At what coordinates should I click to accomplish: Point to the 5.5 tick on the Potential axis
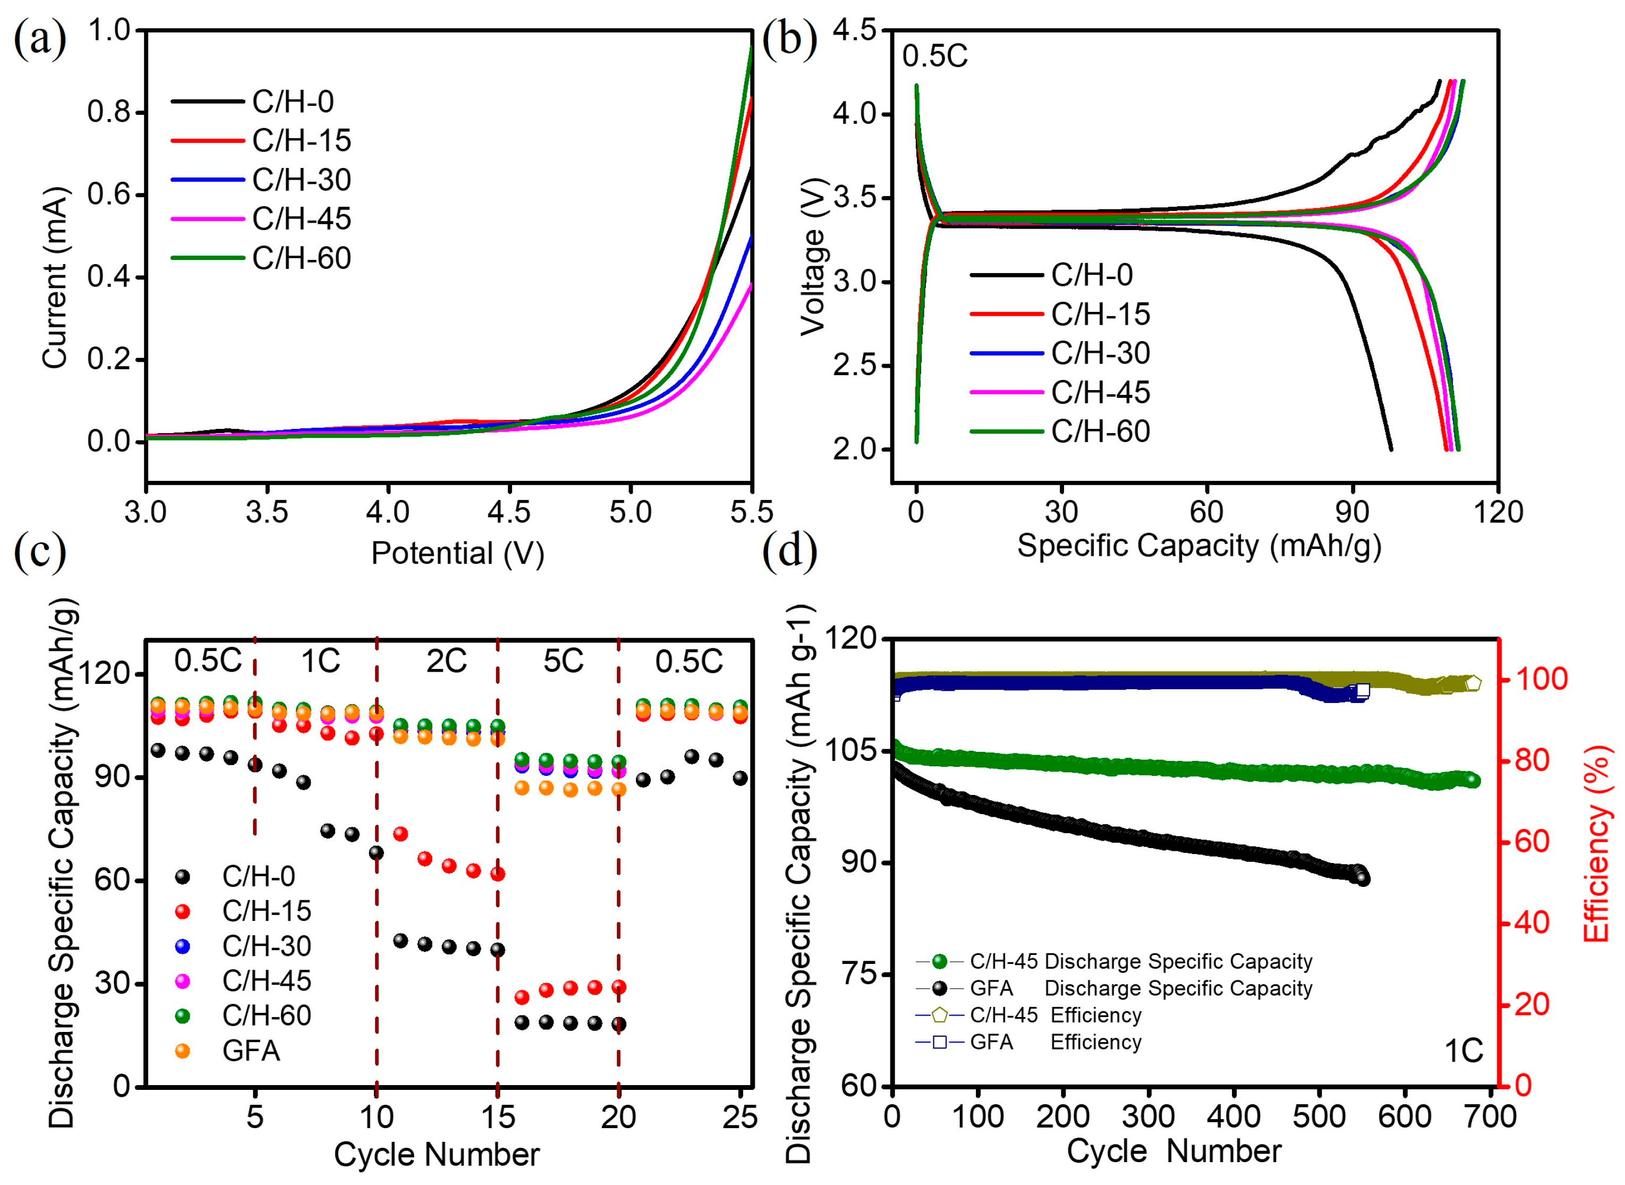point(751,512)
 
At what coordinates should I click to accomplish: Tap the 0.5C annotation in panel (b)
point(934,56)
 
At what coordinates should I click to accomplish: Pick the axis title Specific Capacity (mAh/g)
point(1198,546)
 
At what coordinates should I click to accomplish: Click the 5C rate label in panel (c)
point(563,661)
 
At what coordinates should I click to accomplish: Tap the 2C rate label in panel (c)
point(446,661)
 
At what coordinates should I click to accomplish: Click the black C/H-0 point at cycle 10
point(376,853)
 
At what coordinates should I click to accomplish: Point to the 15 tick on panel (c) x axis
point(497,1117)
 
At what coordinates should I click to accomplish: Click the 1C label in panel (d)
point(1463,1052)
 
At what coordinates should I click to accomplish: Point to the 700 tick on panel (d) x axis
point(1491,1117)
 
